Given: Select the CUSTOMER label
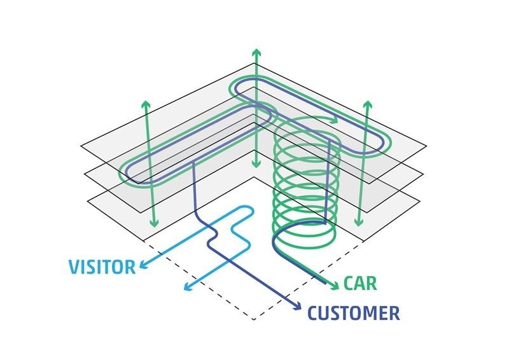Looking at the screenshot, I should pyautogui.click(x=354, y=313).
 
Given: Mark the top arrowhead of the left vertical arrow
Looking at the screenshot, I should pyautogui.click(x=146, y=104).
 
